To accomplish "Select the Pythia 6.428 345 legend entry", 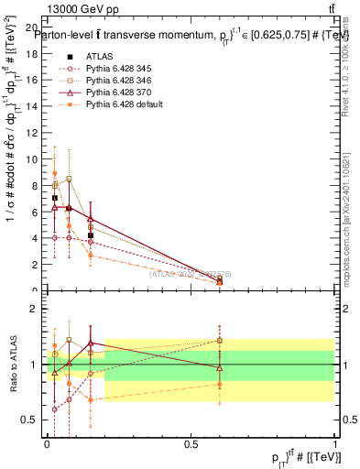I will (115, 69).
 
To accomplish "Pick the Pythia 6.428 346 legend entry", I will (115, 81).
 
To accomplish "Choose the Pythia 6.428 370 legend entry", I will (115, 93).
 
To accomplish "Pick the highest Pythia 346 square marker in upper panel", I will (69, 179).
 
